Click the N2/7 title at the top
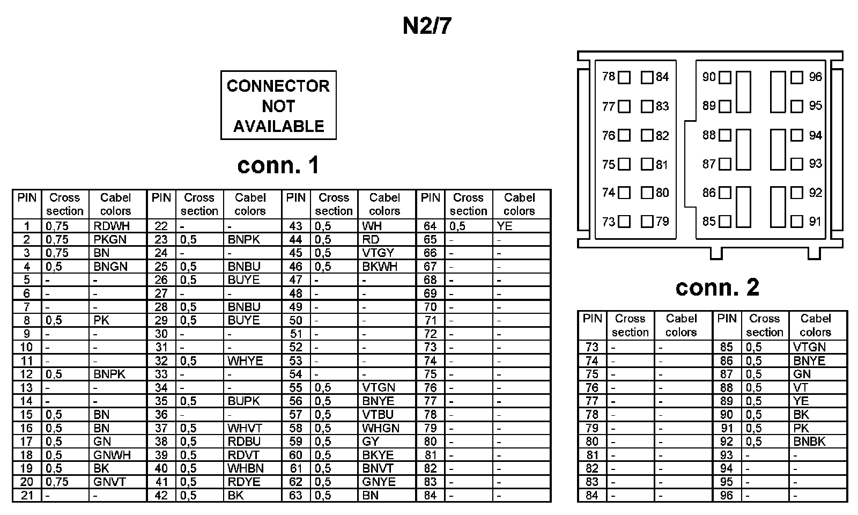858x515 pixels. tap(427, 26)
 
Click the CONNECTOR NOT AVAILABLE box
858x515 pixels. tap(278, 106)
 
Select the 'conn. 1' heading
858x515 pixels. tap(278, 165)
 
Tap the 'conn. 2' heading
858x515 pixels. tap(718, 288)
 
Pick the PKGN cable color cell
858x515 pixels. tap(110, 240)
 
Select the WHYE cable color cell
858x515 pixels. tap(245, 361)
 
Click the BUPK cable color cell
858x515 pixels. tap(244, 401)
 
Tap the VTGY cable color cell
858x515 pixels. tap(378, 253)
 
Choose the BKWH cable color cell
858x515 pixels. tap(380, 267)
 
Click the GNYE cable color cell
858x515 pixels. tap(379, 482)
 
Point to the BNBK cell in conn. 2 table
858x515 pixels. tap(809, 442)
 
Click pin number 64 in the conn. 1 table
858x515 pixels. tap(430, 226)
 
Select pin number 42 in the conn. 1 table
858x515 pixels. tap(161, 495)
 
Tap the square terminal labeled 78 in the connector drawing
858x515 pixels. tap(624, 78)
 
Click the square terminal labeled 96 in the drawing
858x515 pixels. tap(797, 77)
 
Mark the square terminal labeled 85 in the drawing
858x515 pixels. tap(725, 221)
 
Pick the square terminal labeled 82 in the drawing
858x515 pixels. tap(647, 135)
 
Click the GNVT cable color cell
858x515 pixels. tap(109, 482)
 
